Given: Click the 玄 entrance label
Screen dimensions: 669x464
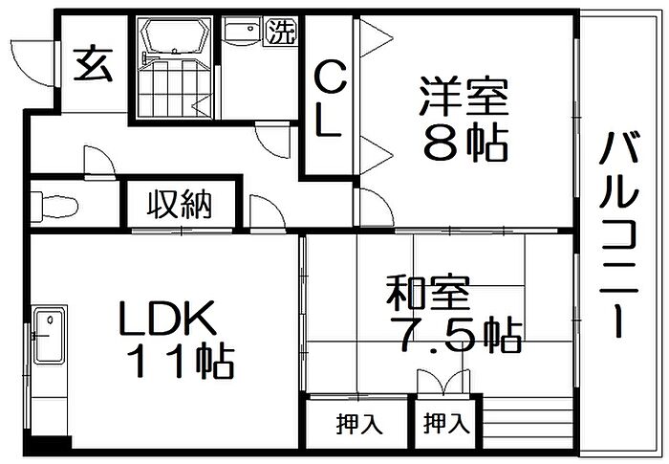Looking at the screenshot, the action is tap(93, 65).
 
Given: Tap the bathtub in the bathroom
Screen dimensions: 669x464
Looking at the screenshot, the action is tap(175, 36).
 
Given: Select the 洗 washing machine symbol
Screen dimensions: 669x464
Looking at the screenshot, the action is tap(281, 31).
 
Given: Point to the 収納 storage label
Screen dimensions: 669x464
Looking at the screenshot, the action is tap(180, 204).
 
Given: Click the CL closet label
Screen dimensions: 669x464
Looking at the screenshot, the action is tap(329, 99).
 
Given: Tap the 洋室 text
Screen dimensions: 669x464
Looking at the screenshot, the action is tap(464, 97).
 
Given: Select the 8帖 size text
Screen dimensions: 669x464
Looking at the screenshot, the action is tap(465, 144).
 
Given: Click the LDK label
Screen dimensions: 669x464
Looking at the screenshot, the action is tap(167, 319).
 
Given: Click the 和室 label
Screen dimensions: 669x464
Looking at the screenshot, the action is tap(428, 293).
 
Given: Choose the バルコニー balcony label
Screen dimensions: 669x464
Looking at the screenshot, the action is tap(618, 234).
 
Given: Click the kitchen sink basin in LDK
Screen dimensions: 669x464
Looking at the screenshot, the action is tap(49, 336).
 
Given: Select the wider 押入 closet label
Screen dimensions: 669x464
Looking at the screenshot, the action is tap(358, 424).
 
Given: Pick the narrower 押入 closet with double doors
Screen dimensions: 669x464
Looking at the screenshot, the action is tap(446, 423).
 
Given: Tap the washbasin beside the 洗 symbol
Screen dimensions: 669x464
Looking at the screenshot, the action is tap(240, 33).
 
